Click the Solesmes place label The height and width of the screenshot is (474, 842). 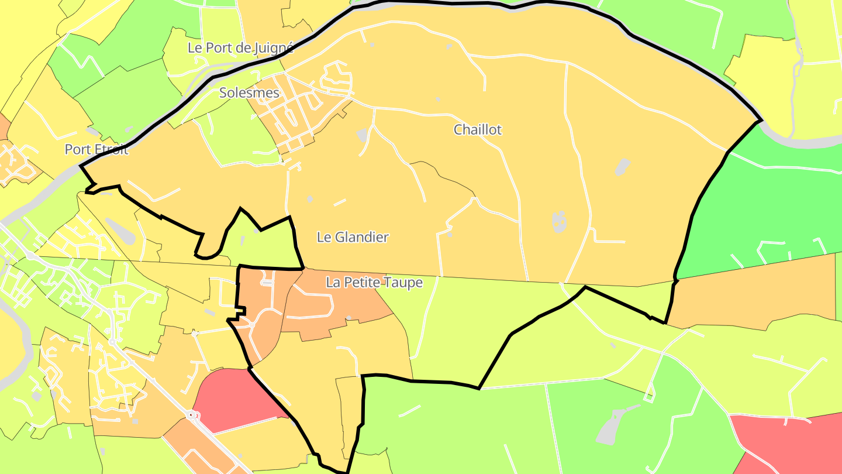[249, 92]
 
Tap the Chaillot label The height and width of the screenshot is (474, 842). [478, 129]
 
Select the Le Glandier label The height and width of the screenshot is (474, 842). [353, 237]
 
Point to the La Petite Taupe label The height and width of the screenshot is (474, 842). [374, 283]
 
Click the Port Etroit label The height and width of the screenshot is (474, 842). [96, 149]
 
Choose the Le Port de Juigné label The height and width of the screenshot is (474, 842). [240, 48]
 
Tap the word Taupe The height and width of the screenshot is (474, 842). [402, 283]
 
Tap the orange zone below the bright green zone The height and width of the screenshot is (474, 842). [754, 293]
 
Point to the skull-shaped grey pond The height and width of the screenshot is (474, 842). [559, 221]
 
